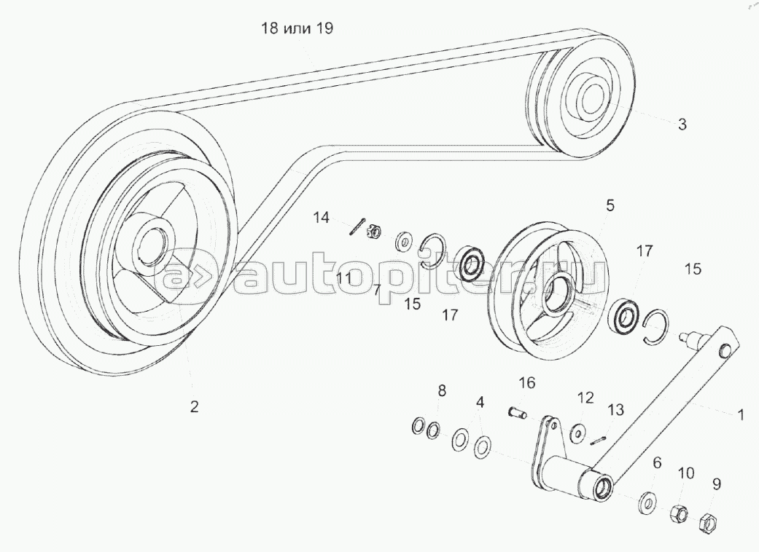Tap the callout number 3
[682, 124]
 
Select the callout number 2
[194, 406]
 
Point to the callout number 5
[610, 206]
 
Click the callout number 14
[322, 217]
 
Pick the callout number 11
[344, 277]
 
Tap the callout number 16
[527, 382]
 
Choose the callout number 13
[615, 410]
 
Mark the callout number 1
[740, 415]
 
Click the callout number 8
[441, 391]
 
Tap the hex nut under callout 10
[677, 513]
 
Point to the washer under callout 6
[646, 502]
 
